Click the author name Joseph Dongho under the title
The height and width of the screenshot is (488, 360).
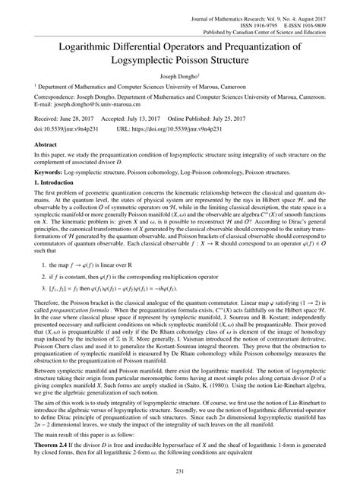[178, 77]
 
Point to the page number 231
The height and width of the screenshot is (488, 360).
[180, 473]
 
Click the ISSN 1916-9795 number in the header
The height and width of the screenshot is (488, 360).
[240, 14]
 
